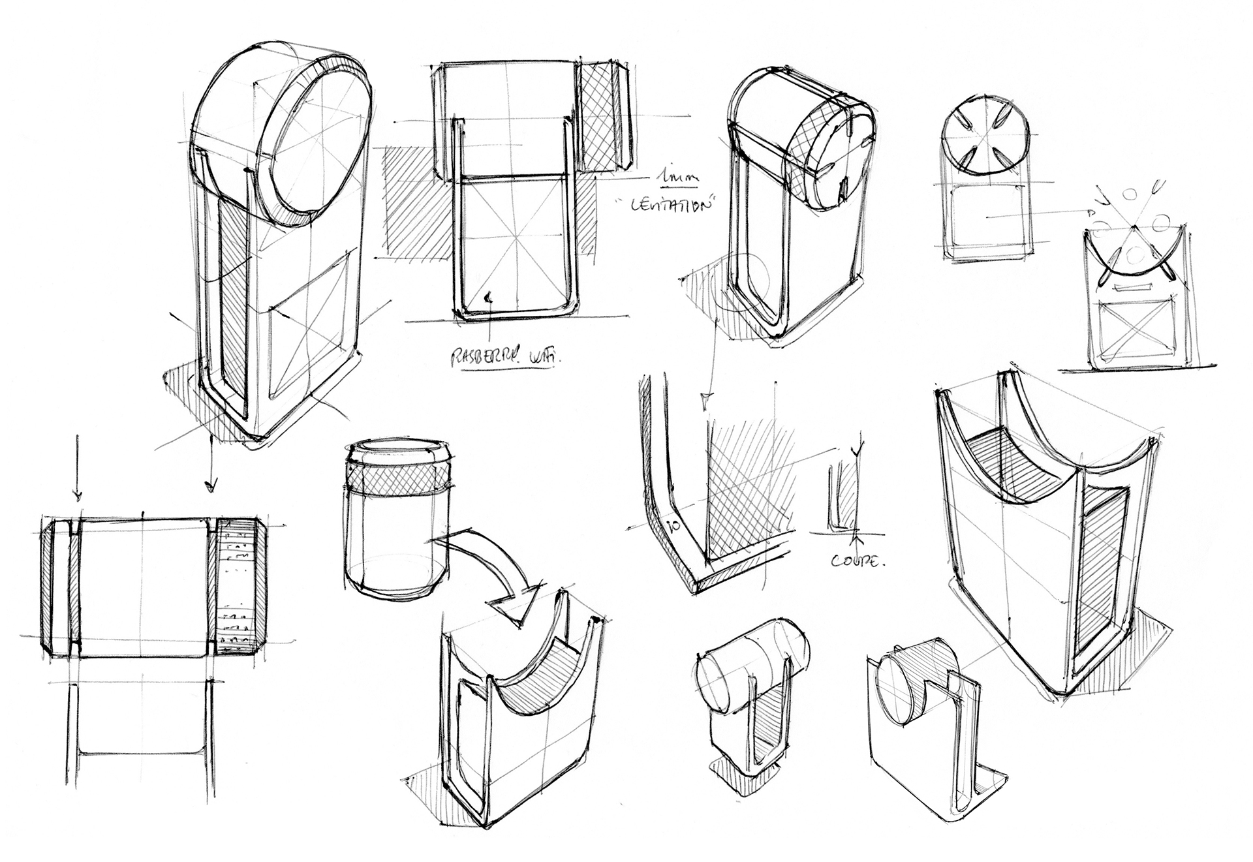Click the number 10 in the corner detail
(x=674, y=525)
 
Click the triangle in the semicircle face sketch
(x=1135, y=252)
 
